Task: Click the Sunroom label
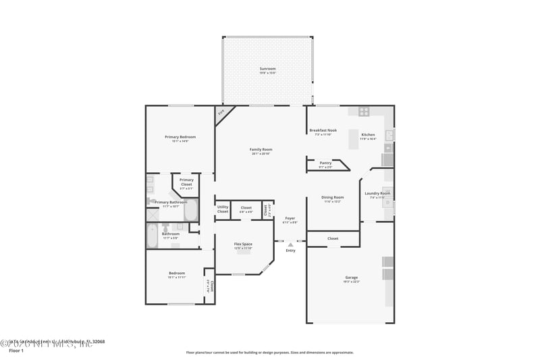tap(268, 69)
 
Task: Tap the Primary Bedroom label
tap(180, 137)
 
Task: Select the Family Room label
tap(261, 149)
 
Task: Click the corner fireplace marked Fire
tap(221, 113)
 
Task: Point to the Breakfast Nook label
tap(323, 130)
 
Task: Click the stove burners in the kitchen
tap(364, 111)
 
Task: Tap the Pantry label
tap(325, 163)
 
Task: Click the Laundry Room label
tap(377, 194)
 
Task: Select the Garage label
tap(351, 278)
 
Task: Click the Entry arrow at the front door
tap(290, 245)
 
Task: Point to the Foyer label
tap(290, 219)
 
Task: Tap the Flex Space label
tap(243, 244)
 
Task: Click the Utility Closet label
tap(223, 209)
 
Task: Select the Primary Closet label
tap(186, 182)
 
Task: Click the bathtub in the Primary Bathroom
tap(190, 210)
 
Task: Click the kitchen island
tap(353, 139)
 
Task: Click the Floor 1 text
tap(16, 351)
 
